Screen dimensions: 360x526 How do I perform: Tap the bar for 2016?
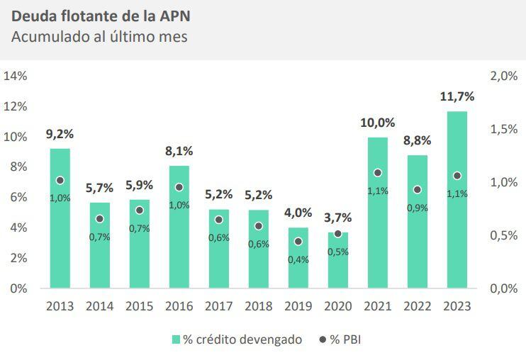coord(179,227)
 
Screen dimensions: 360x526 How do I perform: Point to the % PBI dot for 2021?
coord(377,173)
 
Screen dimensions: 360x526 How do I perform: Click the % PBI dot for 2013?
coord(60,181)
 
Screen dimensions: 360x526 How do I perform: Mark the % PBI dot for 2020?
coord(337,233)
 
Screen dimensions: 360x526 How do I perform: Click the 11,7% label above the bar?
coord(457,96)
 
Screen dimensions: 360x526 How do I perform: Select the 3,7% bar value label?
coord(337,218)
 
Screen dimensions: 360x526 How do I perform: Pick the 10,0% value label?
coord(377,123)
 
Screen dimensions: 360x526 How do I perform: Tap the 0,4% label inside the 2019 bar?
coord(298,259)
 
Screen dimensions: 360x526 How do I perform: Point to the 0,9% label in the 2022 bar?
coord(418,208)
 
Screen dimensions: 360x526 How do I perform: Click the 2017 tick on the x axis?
coord(219,307)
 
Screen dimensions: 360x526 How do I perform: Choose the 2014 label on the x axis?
coord(100,307)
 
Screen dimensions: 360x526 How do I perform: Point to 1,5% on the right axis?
coord(504,129)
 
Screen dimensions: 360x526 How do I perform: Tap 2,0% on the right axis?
coord(504,76)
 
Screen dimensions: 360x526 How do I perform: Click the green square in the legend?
coord(176,340)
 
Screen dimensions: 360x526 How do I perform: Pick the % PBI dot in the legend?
coord(323,340)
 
